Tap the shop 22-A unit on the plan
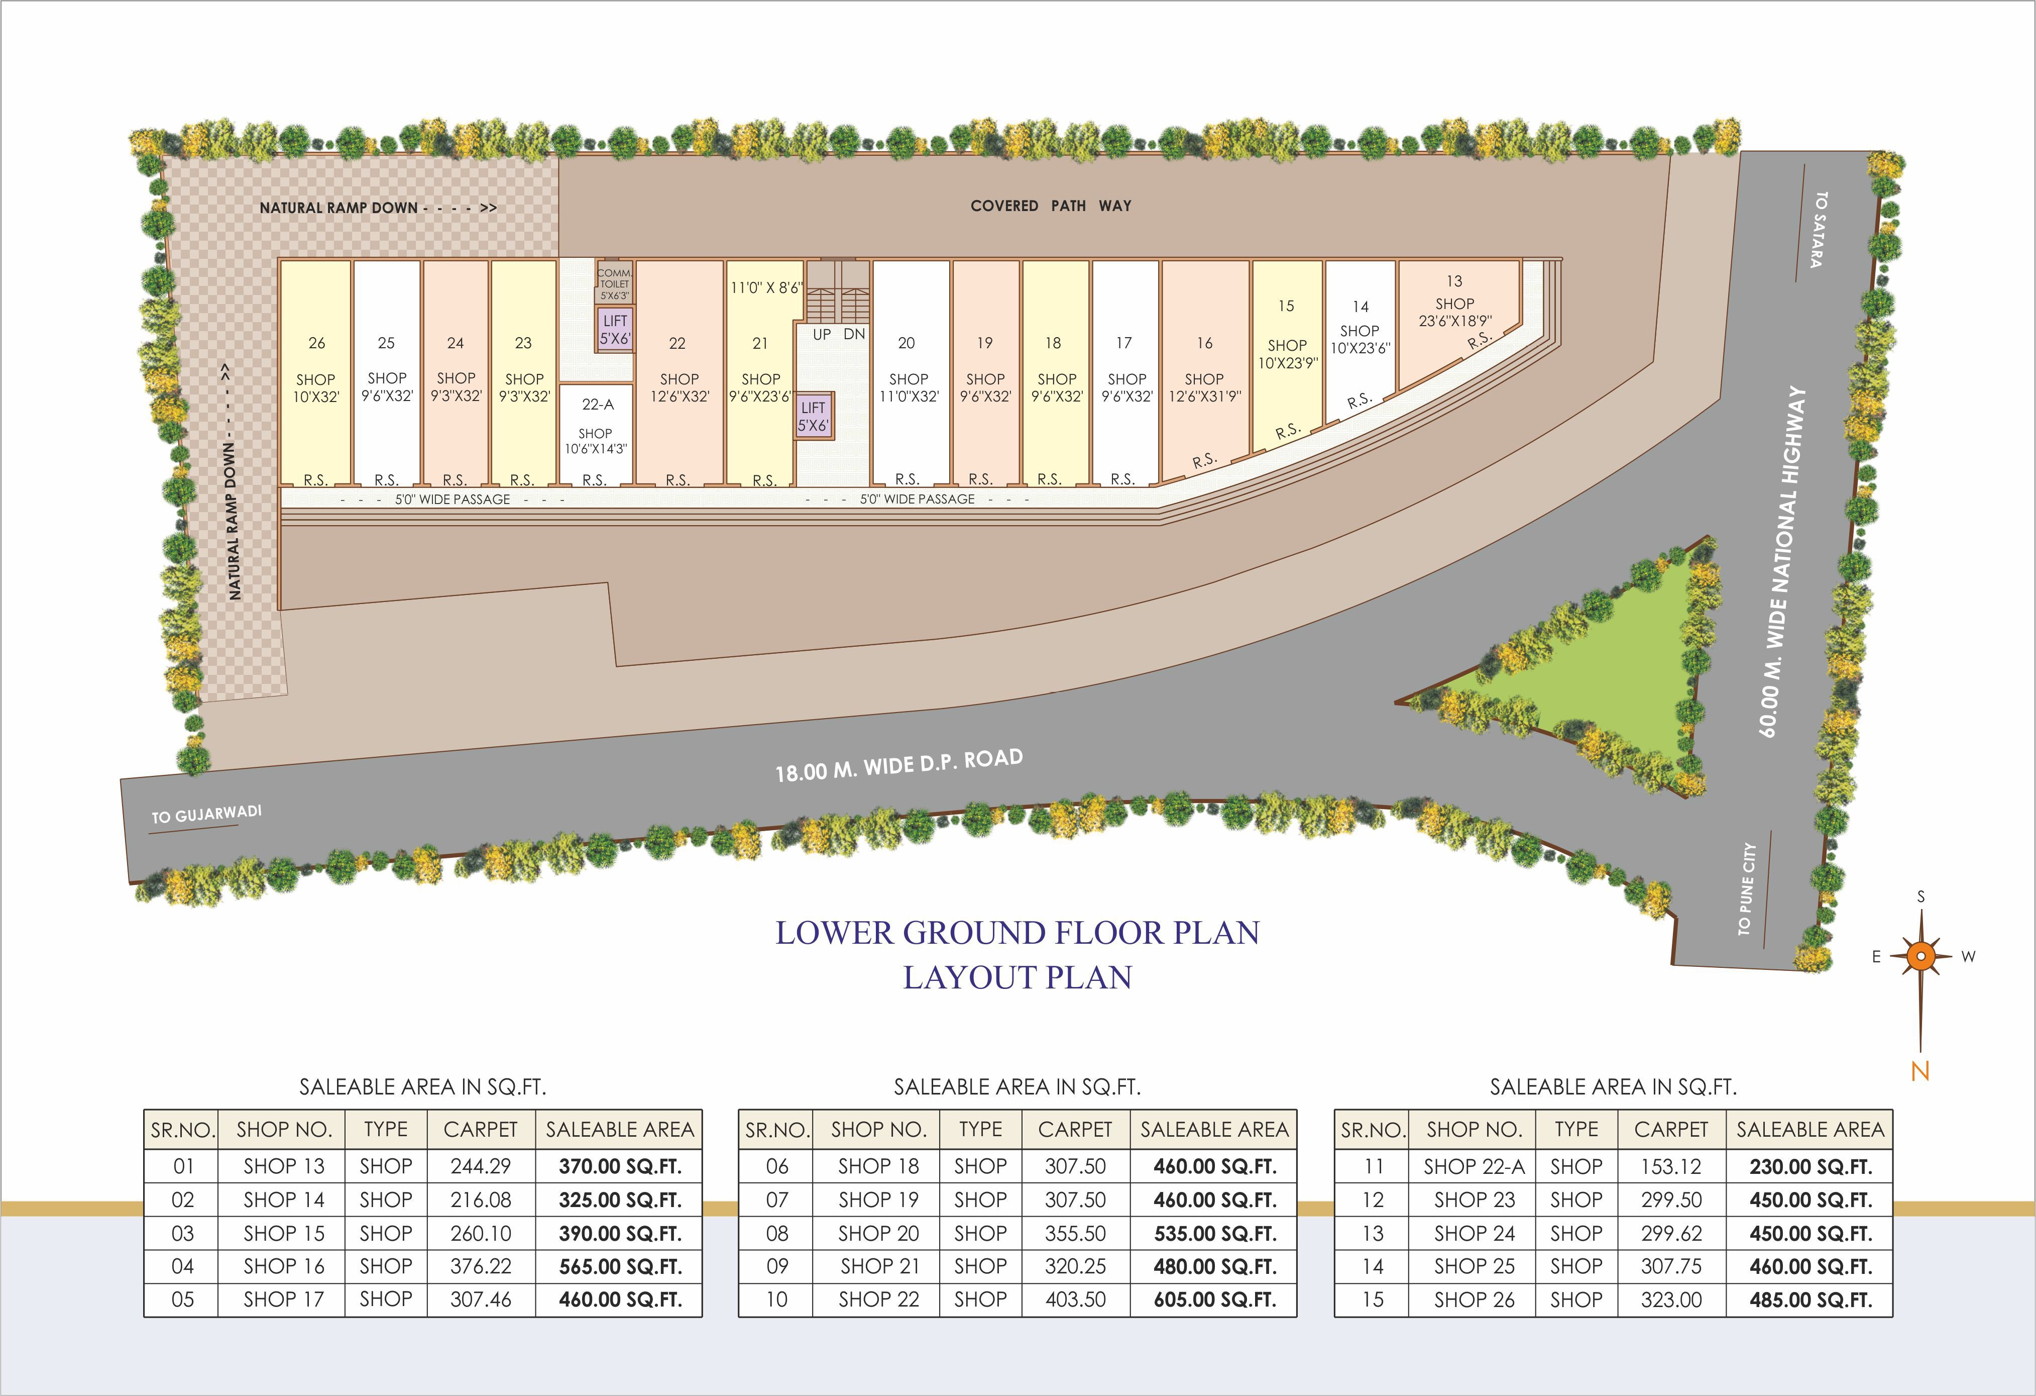coord(596,434)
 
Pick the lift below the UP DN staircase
coord(813,416)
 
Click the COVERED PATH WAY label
coord(1051,206)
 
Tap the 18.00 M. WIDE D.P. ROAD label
coord(899,765)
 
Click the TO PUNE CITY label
coord(1747,888)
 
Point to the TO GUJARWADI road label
coord(206,814)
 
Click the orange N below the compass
coord(1920,1071)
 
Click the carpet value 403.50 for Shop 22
coord(1075,1300)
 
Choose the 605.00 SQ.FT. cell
coord(1214,1300)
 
